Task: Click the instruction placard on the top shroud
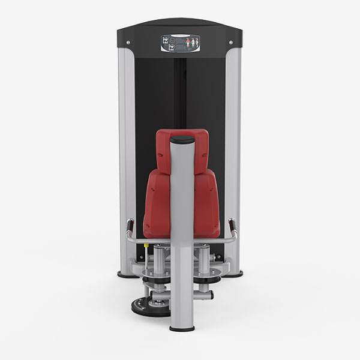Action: [x=180, y=44]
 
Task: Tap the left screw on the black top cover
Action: [x=130, y=42]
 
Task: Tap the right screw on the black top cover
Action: [x=230, y=42]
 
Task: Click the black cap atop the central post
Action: [x=182, y=140]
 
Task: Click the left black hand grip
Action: [x=128, y=227]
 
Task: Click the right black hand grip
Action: [x=233, y=227]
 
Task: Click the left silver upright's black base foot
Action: [x=128, y=274]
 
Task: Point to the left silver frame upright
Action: [x=127, y=150]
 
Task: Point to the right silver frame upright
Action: [x=233, y=150]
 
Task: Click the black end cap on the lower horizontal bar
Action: [x=211, y=295]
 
